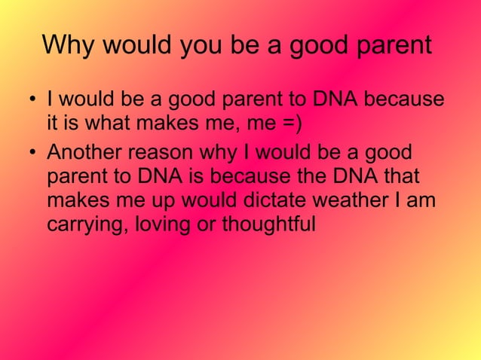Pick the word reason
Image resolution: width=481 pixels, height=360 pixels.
(x=159, y=154)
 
